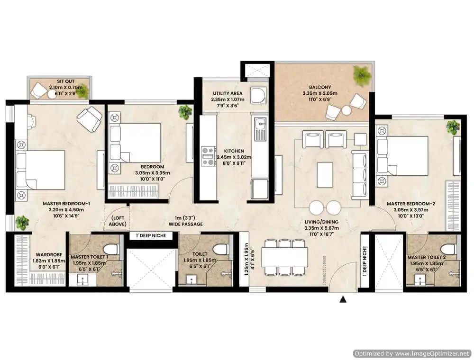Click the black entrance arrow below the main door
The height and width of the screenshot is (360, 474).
pyautogui.click(x=343, y=299)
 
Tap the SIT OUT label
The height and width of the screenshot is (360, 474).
pyautogui.click(x=65, y=81)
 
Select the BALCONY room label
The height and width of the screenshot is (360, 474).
pyautogui.click(x=320, y=87)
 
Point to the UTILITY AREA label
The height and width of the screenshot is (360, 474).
pyautogui.click(x=228, y=93)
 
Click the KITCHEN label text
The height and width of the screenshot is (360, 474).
pyautogui.click(x=234, y=151)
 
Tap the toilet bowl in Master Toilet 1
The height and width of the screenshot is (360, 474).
pyautogui.click(x=110, y=250)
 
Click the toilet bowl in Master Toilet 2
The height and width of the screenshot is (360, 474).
pyautogui.click(x=448, y=250)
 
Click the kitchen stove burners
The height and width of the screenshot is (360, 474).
pyautogui.click(x=209, y=156)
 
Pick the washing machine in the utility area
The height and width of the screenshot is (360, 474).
pyautogui.click(x=258, y=95)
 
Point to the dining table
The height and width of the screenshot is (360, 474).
pyautogui.click(x=285, y=257)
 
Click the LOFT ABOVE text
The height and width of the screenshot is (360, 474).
pyautogui.click(x=117, y=221)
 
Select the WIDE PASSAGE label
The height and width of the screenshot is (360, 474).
pyautogui.click(x=186, y=224)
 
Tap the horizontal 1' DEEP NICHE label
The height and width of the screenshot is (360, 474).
pyautogui.click(x=151, y=235)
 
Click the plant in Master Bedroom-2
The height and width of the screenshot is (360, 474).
pyautogui.click(x=453, y=127)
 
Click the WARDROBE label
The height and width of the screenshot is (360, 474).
pyautogui.click(x=49, y=254)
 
